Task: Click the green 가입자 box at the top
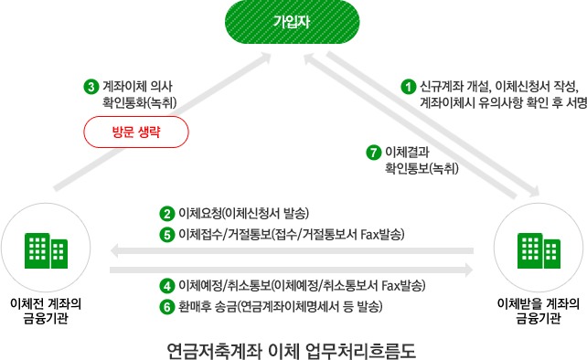click(293, 21)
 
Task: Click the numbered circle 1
click(409, 87)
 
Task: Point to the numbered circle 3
click(91, 88)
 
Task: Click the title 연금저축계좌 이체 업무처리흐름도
click(292, 346)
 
